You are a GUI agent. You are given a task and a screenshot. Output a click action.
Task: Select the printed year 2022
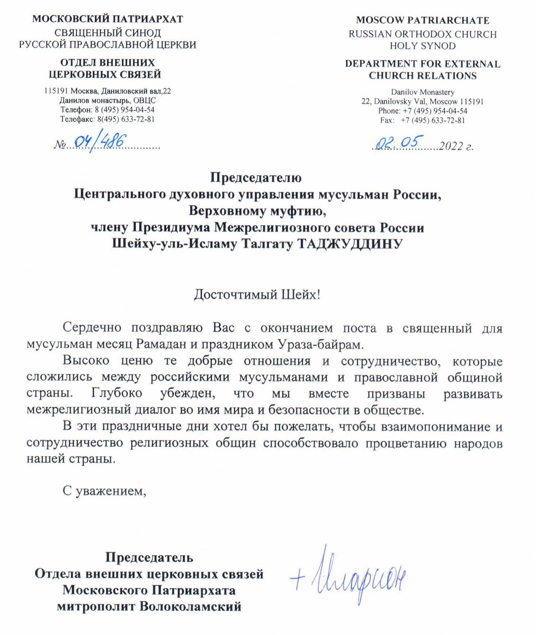pyautogui.click(x=451, y=146)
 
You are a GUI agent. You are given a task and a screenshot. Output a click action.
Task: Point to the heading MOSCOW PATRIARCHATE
pyautogui.click(x=423, y=20)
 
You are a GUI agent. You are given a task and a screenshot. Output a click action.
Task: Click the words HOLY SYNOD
pyautogui.click(x=423, y=46)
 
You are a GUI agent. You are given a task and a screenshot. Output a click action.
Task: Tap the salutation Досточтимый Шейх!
pyautogui.click(x=257, y=294)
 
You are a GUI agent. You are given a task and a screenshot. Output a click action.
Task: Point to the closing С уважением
pyautogui.click(x=104, y=491)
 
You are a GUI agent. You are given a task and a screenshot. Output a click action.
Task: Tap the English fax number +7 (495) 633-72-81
pyautogui.click(x=433, y=120)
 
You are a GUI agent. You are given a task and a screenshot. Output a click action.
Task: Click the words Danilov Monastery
pyautogui.click(x=423, y=92)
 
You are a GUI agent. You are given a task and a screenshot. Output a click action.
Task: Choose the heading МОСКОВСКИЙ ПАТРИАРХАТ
pyautogui.click(x=108, y=19)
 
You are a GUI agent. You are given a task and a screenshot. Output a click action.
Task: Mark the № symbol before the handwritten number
pyautogui.click(x=59, y=145)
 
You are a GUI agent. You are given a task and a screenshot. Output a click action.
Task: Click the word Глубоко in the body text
pyautogui.click(x=117, y=393)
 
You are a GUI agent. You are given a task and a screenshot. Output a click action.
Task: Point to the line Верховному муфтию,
pyautogui.click(x=257, y=211)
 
